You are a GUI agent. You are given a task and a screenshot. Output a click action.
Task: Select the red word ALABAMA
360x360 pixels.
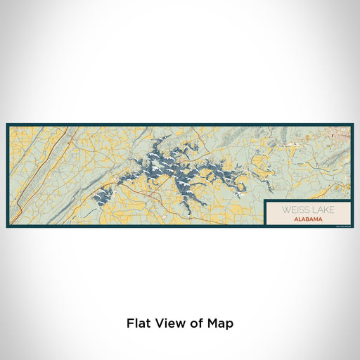[x=309, y=219]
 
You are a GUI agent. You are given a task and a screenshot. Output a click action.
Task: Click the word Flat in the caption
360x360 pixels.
[x=139, y=323]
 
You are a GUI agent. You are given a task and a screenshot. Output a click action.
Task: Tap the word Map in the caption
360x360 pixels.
[x=219, y=323]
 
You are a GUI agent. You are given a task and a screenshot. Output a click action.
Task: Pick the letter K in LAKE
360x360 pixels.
[x=326, y=210]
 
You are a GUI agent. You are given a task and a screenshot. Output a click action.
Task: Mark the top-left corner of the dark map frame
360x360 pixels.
[x=7, y=124]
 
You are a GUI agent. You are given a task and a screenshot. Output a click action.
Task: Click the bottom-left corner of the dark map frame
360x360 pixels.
[x=7, y=227]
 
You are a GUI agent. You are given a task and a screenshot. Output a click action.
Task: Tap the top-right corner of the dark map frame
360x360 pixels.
[x=353, y=124]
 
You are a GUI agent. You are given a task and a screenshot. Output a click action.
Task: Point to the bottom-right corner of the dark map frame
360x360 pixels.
[x=353, y=227]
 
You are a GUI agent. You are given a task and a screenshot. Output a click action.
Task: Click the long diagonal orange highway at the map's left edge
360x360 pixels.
[x=35, y=169]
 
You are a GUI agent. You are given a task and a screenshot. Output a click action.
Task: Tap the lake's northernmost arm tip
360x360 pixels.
[x=168, y=137]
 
